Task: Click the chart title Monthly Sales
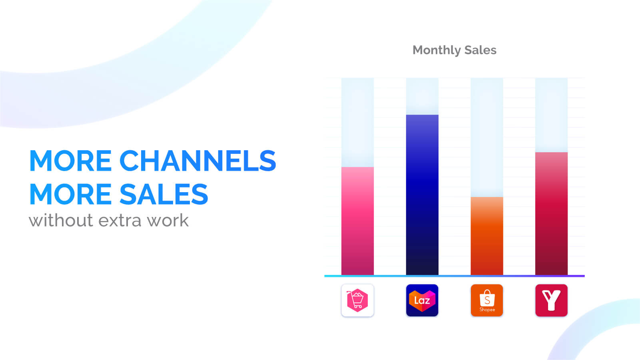coord(454,50)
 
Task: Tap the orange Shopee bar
coord(486,236)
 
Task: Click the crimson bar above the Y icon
coord(551,213)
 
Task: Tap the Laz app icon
coord(422,300)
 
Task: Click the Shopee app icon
coord(486,300)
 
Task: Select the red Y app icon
coord(551,300)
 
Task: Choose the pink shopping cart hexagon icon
coord(357,300)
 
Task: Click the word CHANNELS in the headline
coord(197,161)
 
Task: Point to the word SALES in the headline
coord(163,194)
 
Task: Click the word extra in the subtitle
coord(120,220)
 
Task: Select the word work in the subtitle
coord(167,220)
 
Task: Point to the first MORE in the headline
coord(70,161)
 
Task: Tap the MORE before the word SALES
coord(70,194)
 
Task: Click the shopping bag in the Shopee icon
coord(487,298)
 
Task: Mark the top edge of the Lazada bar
coord(422,115)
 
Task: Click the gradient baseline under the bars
coord(454,276)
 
